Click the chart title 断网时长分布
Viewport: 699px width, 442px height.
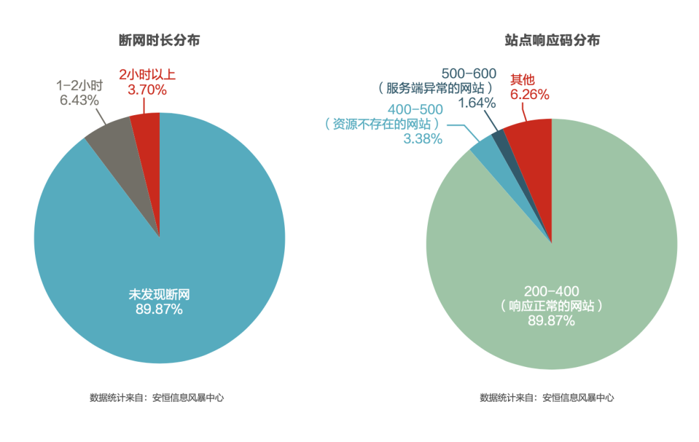159,40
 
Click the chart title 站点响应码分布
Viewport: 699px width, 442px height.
552,40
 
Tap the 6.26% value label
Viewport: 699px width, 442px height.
529,94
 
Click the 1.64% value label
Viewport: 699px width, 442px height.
477,103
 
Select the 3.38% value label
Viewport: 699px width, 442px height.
423,138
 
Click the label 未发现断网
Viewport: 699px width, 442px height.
159,295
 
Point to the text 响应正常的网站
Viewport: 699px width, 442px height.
551,306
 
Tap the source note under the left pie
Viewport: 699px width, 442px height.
157,398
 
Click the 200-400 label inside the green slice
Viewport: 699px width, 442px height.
551,291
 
